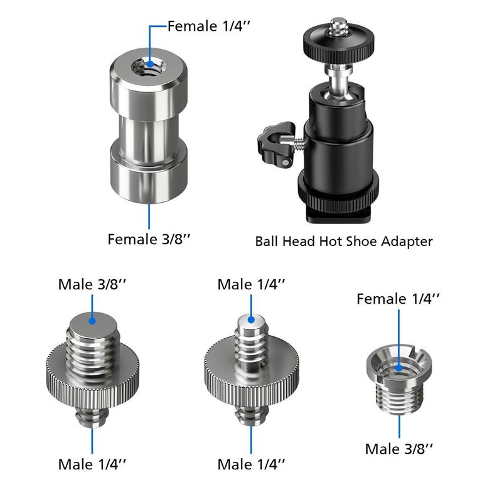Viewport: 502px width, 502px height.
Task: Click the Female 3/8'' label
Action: click(x=149, y=239)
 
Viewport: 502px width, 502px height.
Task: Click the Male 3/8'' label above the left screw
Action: click(x=92, y=284)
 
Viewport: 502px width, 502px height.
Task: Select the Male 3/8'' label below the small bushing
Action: click(x=400, y=449)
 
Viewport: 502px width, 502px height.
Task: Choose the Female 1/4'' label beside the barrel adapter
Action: click(x=210, y=26)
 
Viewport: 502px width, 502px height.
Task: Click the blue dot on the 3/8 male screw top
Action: click(x=92, y=320)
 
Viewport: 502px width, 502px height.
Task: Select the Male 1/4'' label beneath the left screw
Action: click(x=92, y=465)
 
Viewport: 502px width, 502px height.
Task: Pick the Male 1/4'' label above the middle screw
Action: click(x=252, y=284)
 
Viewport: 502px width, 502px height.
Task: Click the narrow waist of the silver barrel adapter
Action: click(x=149, y=132)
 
